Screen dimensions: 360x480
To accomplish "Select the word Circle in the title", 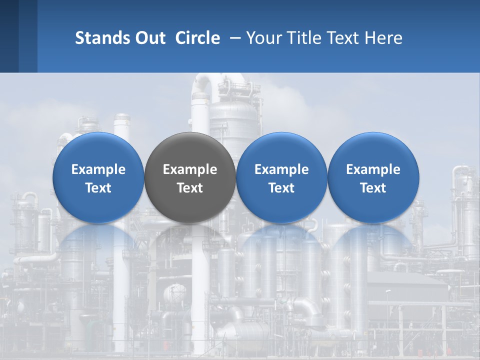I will pos(197,38).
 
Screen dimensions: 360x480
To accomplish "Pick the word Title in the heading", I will pos(304,38).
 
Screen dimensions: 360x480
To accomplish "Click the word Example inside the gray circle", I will pos(190,170).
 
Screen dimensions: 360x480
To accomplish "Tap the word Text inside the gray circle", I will pos(190,188).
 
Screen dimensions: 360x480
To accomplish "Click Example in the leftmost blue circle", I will pos(98,169).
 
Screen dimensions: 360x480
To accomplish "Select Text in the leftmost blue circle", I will pos(98,188).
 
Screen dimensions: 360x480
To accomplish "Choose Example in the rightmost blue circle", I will pos(373,169).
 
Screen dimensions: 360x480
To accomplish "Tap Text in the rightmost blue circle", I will pos(373,188).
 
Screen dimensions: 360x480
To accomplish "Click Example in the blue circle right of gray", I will pos(281,169).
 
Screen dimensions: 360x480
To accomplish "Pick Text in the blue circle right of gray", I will pos(281,188).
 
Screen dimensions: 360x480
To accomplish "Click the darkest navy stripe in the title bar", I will pos(9,36).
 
